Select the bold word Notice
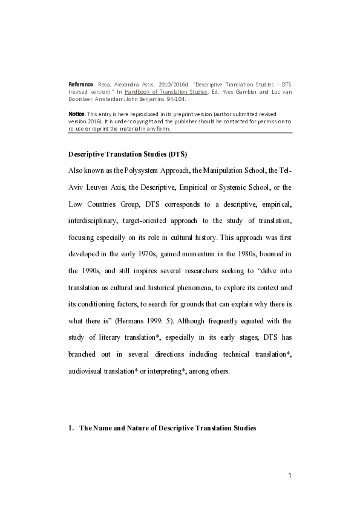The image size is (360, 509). coord(77,114)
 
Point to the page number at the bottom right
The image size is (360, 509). coord(290,476)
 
